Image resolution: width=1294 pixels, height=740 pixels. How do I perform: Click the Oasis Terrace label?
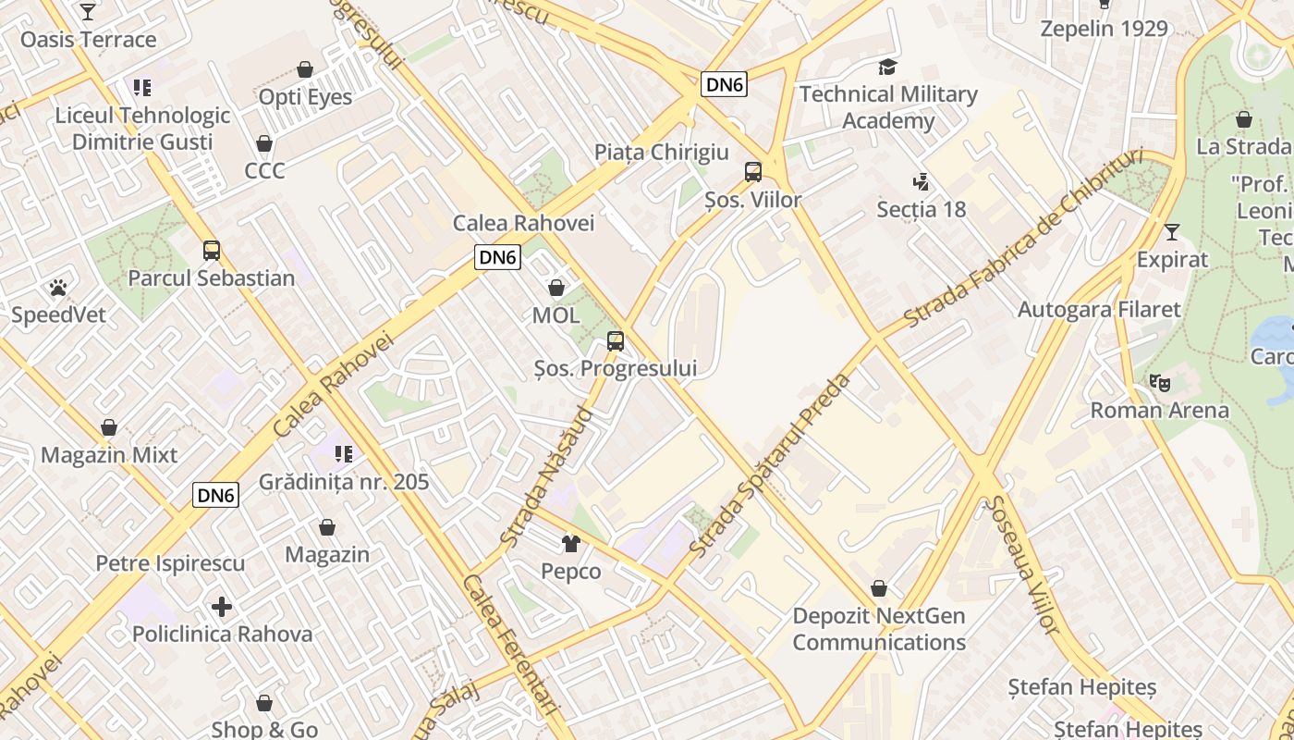tap(88, 40)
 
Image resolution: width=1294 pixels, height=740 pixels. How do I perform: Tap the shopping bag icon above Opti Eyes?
tap(305, 69)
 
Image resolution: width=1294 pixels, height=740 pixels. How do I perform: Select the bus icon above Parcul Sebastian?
tap(212, 251)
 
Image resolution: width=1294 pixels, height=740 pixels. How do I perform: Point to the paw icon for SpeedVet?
tap(58, 288)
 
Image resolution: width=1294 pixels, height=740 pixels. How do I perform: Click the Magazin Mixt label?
tap(109, 455)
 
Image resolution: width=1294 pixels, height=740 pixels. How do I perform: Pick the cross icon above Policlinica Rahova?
tap(222, 608)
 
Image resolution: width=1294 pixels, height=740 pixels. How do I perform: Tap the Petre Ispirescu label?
tap(170, 563)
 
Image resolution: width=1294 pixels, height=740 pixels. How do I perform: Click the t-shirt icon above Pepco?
tap(570, 544)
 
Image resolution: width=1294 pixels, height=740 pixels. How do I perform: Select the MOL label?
tap(555, 315)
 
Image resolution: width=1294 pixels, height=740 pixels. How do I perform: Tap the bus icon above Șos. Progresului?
tap(616, 341)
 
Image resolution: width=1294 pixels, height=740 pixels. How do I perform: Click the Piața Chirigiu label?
tap(661, 153)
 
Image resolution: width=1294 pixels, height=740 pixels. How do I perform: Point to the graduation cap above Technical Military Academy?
tap(887, 68)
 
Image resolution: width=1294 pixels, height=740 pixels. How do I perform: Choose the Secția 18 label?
tap(921, 210)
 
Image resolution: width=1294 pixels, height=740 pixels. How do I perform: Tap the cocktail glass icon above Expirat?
tap(1172, 232)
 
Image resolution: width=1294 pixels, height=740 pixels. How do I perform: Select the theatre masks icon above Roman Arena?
tap(1159, 382)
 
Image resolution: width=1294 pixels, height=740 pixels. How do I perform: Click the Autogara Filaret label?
tap(1099, 310)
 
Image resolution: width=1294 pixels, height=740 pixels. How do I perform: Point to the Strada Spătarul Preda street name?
tap(770, 465)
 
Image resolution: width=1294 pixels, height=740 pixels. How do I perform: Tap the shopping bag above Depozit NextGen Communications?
tap(879, 589)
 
